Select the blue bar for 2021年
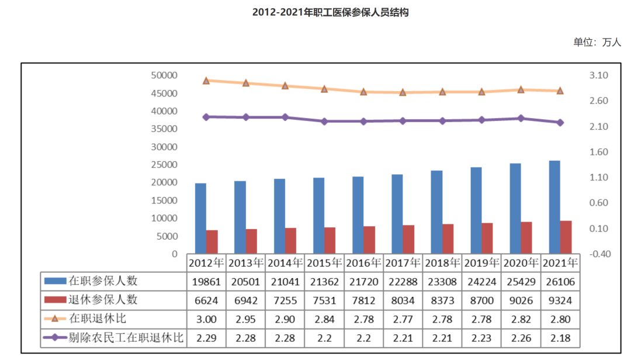point(554,207)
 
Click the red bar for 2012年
point(212,242)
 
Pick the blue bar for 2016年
point(358,215)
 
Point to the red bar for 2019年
point(487,238)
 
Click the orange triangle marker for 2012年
point(206,81)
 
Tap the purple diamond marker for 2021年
point(560,122)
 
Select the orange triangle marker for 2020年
point(521,89)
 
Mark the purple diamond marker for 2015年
point(324,121)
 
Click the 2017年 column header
point(403,263)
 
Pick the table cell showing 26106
point(560,282)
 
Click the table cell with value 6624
point(206,300)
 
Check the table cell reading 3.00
point(206,319)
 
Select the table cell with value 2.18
point(560,338)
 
